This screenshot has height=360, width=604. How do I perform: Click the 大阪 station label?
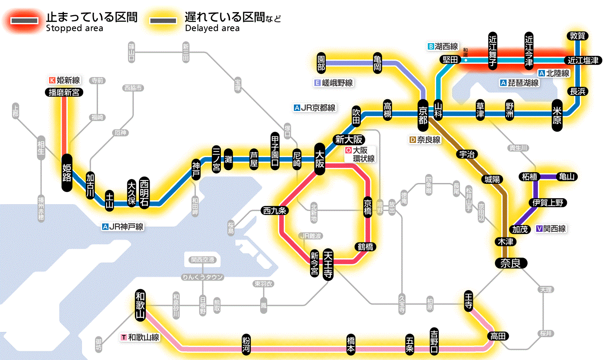tap(320, 159)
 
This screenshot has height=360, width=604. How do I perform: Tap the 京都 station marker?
tap(423, 113)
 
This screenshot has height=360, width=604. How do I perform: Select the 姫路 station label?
tap(67, 172)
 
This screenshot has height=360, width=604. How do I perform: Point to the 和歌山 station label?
tap(140, 305)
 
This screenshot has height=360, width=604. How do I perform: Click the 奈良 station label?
tap(511, 262)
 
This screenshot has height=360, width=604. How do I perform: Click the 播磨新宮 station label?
tap(64, 92)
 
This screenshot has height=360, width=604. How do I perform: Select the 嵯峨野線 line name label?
tap(334, 83)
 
